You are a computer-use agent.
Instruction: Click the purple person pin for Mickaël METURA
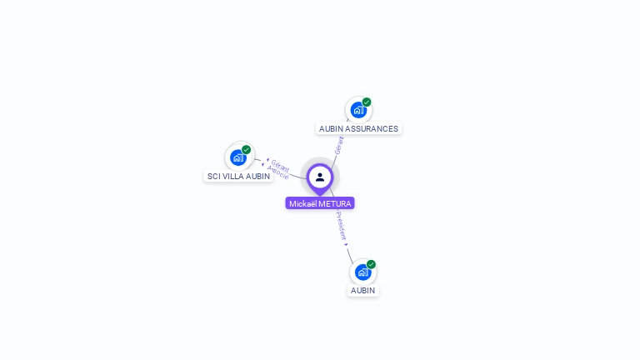click(x=320, y=177)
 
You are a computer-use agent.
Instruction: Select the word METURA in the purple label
click(x=336, y=203)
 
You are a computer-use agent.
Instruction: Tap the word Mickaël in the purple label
click(x=303, y=203)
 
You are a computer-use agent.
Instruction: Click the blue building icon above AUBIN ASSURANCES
click(x=358, y=110)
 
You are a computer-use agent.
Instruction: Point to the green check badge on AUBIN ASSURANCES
click(x=367, y=102)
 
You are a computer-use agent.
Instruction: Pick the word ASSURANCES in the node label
click(x=372, y=129)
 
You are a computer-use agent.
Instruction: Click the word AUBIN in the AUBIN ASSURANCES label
click(x=332, y=129)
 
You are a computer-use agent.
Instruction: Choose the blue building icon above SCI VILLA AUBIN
click(x=238, y=157)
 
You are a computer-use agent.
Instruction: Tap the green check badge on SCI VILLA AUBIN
click(x=247, y=150)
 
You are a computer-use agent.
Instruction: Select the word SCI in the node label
click(x=213, y=177)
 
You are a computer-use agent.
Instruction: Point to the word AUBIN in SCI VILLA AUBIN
click(x=258, y=177)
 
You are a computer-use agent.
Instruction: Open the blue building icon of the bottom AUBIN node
click(x=362, y=272)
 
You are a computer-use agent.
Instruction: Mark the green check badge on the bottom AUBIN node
click(x=371, y=264)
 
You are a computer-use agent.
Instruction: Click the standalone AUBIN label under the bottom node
click(x=362, y=291)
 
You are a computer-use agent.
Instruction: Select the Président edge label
click(x=341, y=225)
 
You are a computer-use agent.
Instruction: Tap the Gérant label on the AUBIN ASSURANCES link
click(x=338, y=145)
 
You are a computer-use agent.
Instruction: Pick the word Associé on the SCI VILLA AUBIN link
click(x=278, y=172)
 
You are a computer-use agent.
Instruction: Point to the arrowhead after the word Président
click(x=347, y=244)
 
